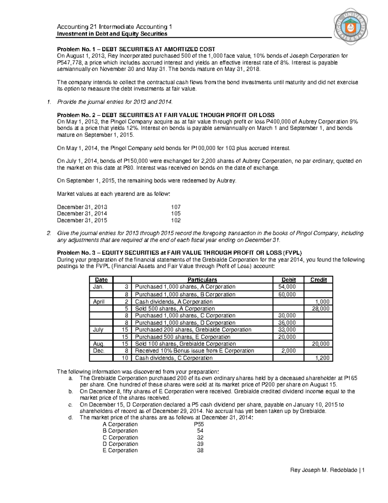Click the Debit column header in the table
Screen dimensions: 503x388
pos(288,280)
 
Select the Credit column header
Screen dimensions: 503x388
pos(318,280)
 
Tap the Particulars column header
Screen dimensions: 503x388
pos(202,280)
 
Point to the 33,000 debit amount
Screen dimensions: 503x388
pos(287,330)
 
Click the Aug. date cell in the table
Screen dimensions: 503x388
pos(99,344)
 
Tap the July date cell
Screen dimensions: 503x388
pos(98,330)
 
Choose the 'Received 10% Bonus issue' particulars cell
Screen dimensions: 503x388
pos(194,351)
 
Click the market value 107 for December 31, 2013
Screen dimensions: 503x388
pos(176,207)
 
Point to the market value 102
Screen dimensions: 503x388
pos(176,220)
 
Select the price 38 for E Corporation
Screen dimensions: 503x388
pos(200,451)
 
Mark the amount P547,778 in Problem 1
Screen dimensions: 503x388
pos(70,63)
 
